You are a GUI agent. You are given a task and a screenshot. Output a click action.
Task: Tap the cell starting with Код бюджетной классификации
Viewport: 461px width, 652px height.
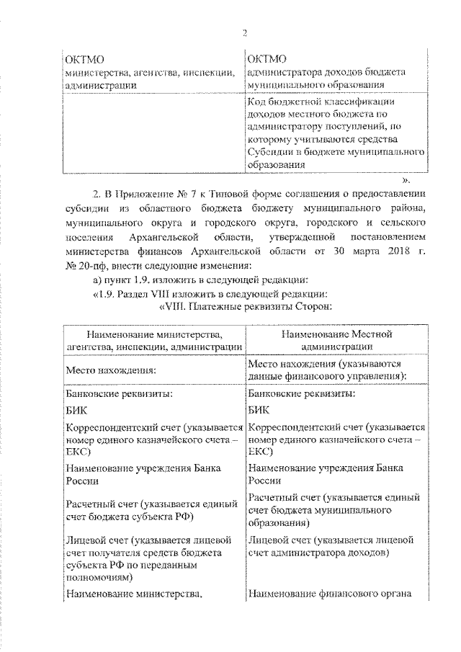333,132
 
